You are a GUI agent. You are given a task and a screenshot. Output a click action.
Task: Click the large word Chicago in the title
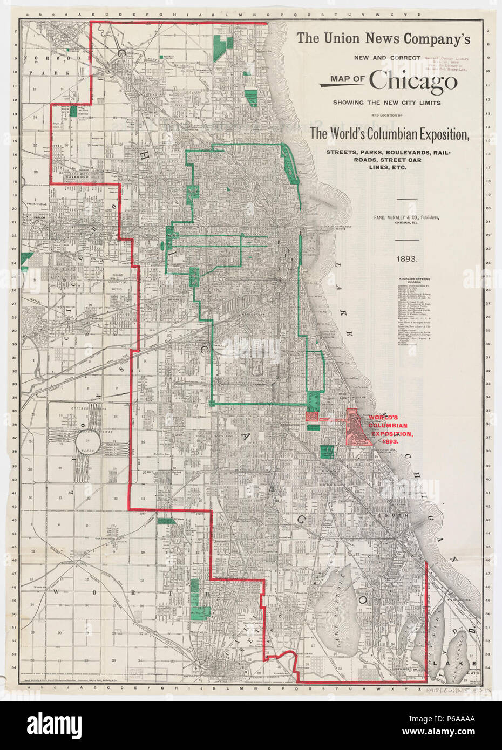pyautogui.click(x=413, y=81)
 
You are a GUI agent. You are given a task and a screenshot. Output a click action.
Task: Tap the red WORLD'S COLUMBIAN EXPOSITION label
pyautogui.click(x=390, y=429)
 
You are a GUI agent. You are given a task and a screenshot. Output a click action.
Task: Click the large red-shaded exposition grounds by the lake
pyautogui.click(x=357, y=426)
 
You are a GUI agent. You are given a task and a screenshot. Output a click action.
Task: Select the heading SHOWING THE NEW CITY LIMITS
pyautogui.click(x=386, y=103)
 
